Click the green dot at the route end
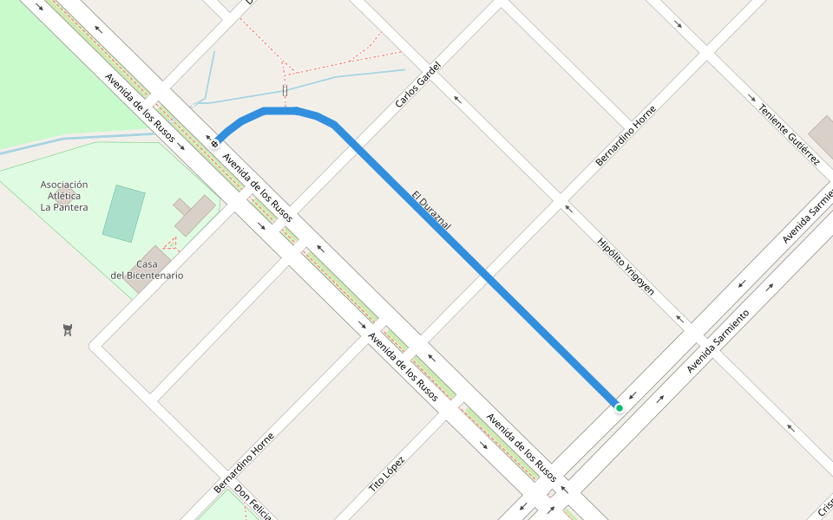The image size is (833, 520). pyautogui.click(x=619, y=407)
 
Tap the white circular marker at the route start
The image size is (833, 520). pyautogui.click(x=214, y=143)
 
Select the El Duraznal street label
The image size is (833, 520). pyautogui.click(x=431, y=210)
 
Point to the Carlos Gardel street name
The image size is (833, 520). pyautogui.click(x=418, y=85)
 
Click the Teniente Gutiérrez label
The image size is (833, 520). pyautogui.click(x=789, y=134)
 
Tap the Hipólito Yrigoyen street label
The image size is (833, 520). pyautogui.click(x=626, y=266)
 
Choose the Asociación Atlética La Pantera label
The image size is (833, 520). pyautogui.click(x=64, y=196)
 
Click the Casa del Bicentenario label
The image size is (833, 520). pyautogui.click(x=147, y=270)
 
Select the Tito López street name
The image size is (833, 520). pyautogui.click(x=387, y=473)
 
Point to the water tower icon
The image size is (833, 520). pyautogui.click(x=68, y=329)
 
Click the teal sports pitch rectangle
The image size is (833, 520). pyautogui.click(x=123, y=213)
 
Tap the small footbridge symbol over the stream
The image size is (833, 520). pyautogui.click(x=285, y=90)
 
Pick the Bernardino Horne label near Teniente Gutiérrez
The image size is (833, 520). pyautogui.click(x=626, y=136)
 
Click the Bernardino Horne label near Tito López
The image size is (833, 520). pyautogui.click(x=244, y=463)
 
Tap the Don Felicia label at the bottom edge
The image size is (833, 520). pyautogui.click(x=253, y=503)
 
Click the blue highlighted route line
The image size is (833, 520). pyautogui.click(x=486, y=277)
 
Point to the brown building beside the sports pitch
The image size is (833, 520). pyautogui.click(x=195, y=214)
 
